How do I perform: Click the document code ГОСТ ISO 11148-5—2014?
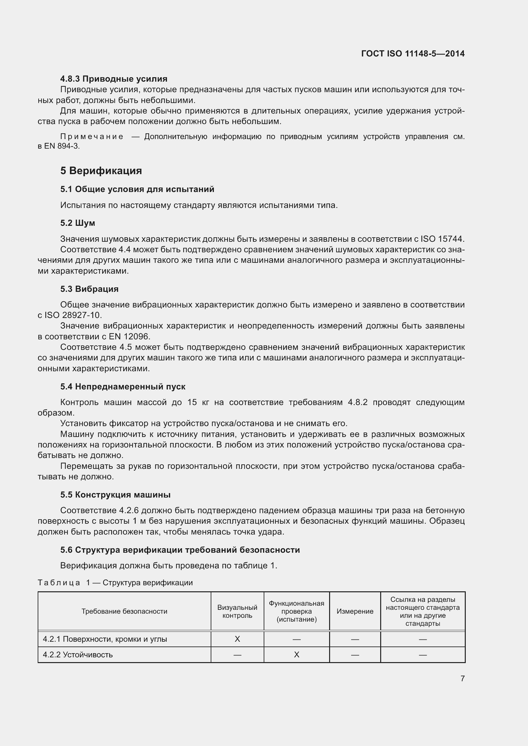pos(412,54)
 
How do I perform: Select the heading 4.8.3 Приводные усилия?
pos(113,79)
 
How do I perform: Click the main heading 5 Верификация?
pos(101,171)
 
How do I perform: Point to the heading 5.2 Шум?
pos(77,223)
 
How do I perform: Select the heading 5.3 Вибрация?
pos(89,289)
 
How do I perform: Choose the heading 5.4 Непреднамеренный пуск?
pos(123,387)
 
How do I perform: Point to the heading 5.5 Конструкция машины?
pos(115,495)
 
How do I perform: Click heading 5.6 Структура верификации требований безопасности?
pos(180,550)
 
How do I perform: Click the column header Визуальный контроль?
pos(237,611)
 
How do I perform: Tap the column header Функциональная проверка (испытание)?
pos(296,611)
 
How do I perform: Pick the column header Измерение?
pos(355,611)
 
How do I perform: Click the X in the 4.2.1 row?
pos(237,639)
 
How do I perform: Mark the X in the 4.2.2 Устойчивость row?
pos(296,655)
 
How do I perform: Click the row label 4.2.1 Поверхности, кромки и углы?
pos(105,639)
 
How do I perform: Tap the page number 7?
pos(462,678)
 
